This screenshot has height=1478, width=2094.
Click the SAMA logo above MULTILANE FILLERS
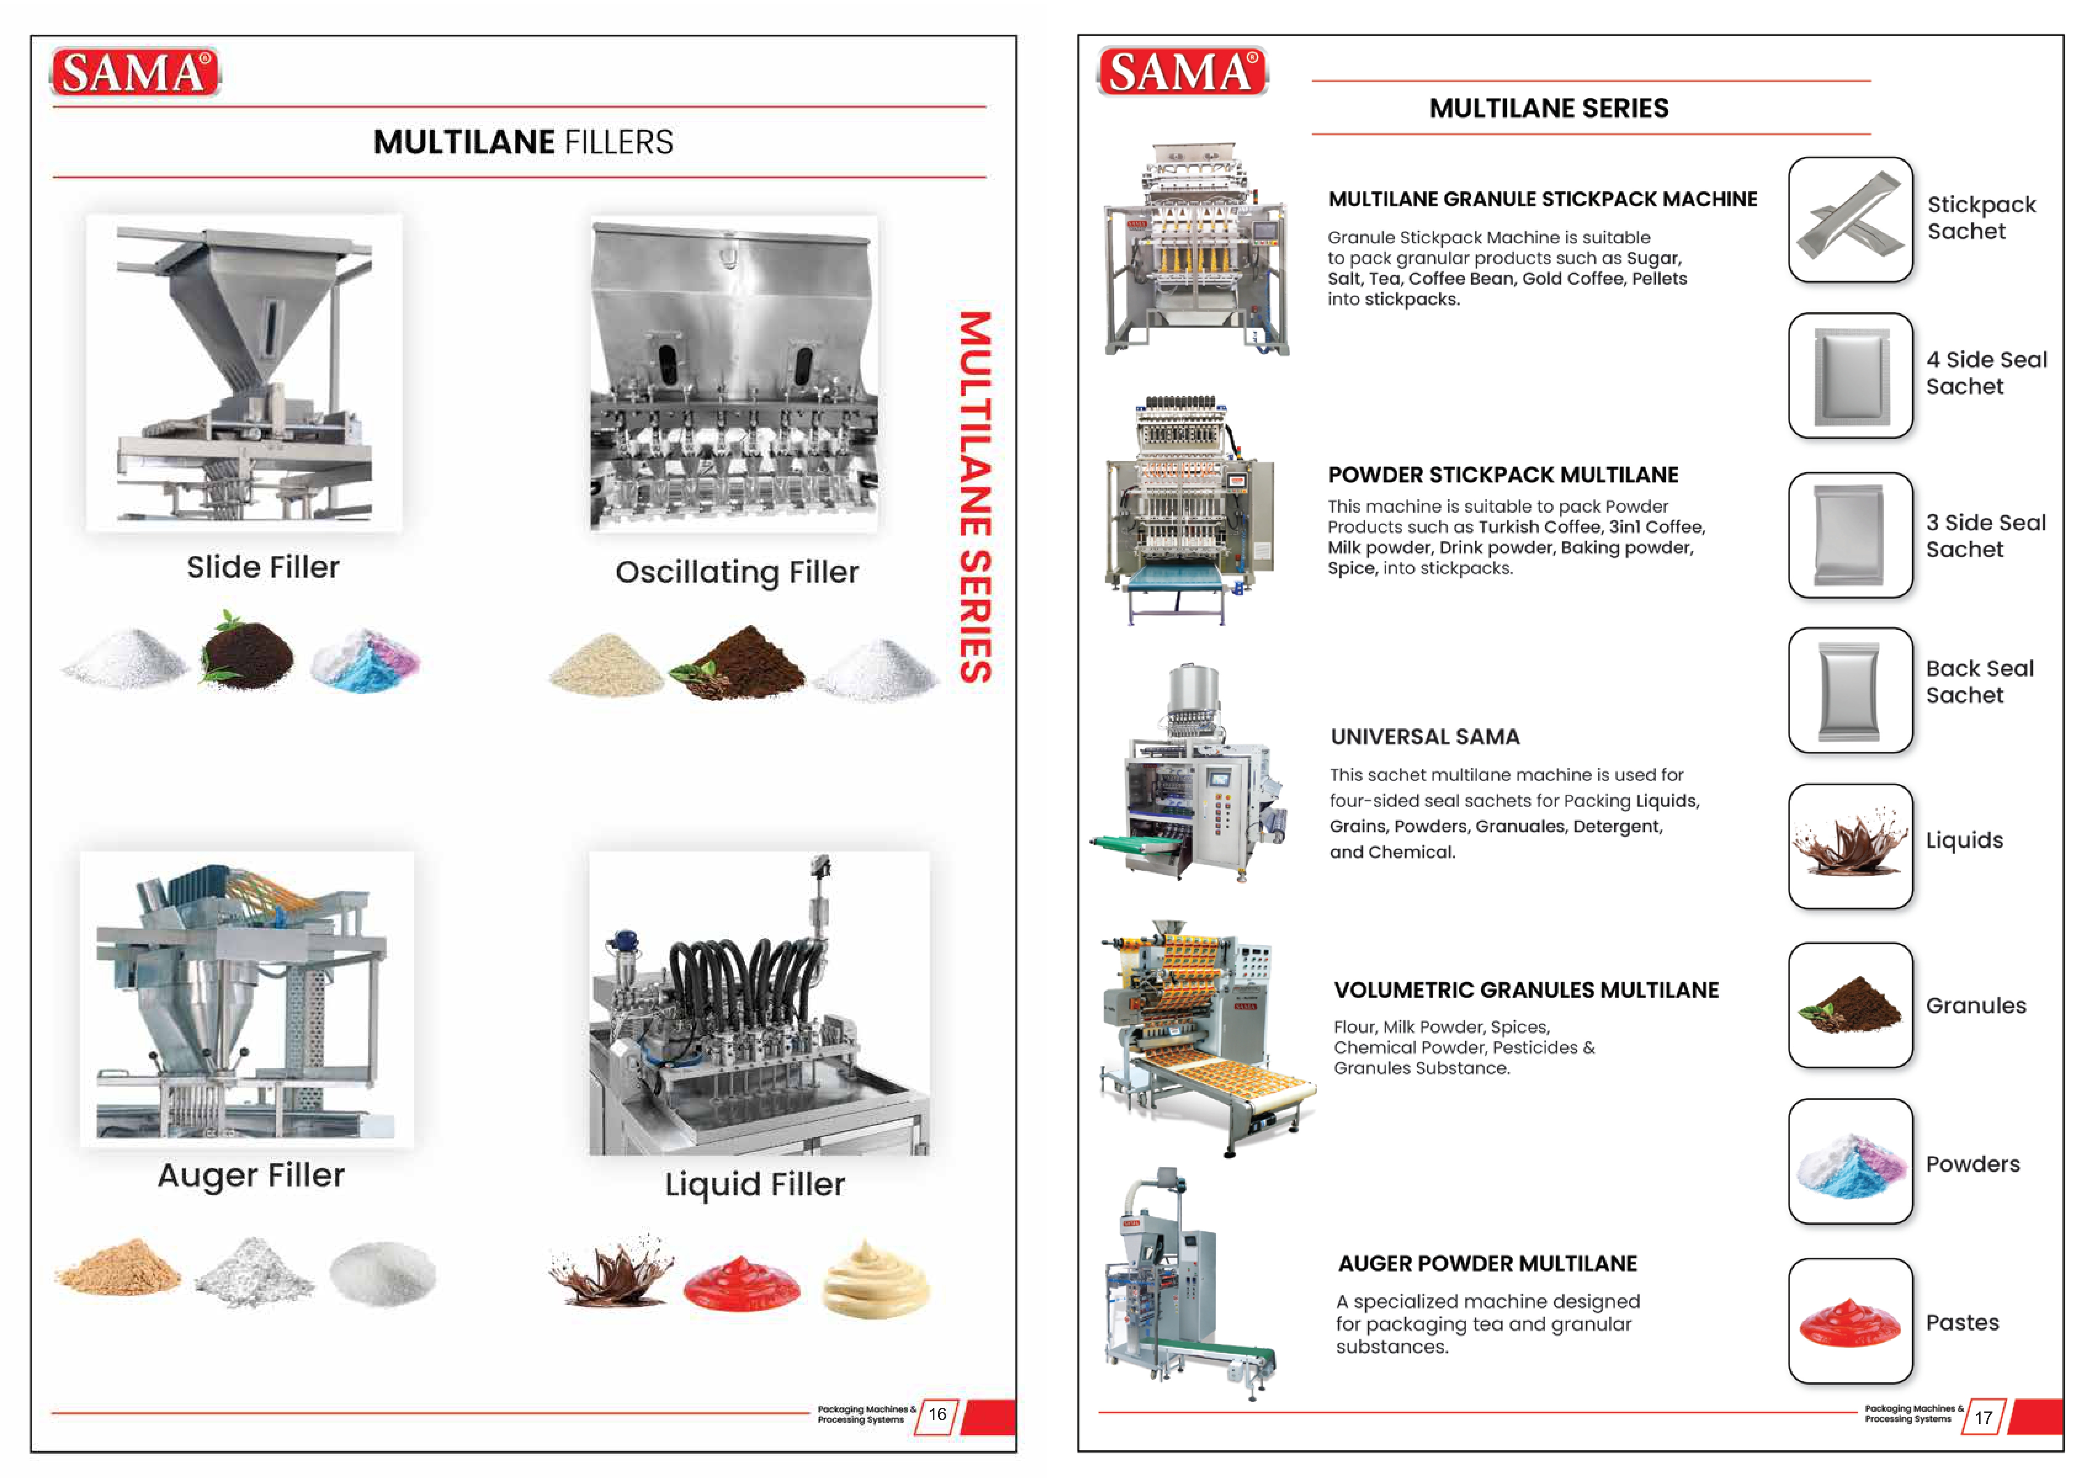(x=135, y=72)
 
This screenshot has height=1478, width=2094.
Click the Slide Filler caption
(x=263, y=567)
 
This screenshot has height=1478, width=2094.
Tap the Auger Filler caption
(x=251, y=1175)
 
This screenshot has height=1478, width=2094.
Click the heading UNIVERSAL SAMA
(x=1425, y=737)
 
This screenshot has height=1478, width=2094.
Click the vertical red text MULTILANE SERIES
(x=974, y=497)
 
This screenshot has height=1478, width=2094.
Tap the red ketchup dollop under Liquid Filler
(x=742, y=1281)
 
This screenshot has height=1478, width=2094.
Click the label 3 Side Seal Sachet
(x=1986, y=536)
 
